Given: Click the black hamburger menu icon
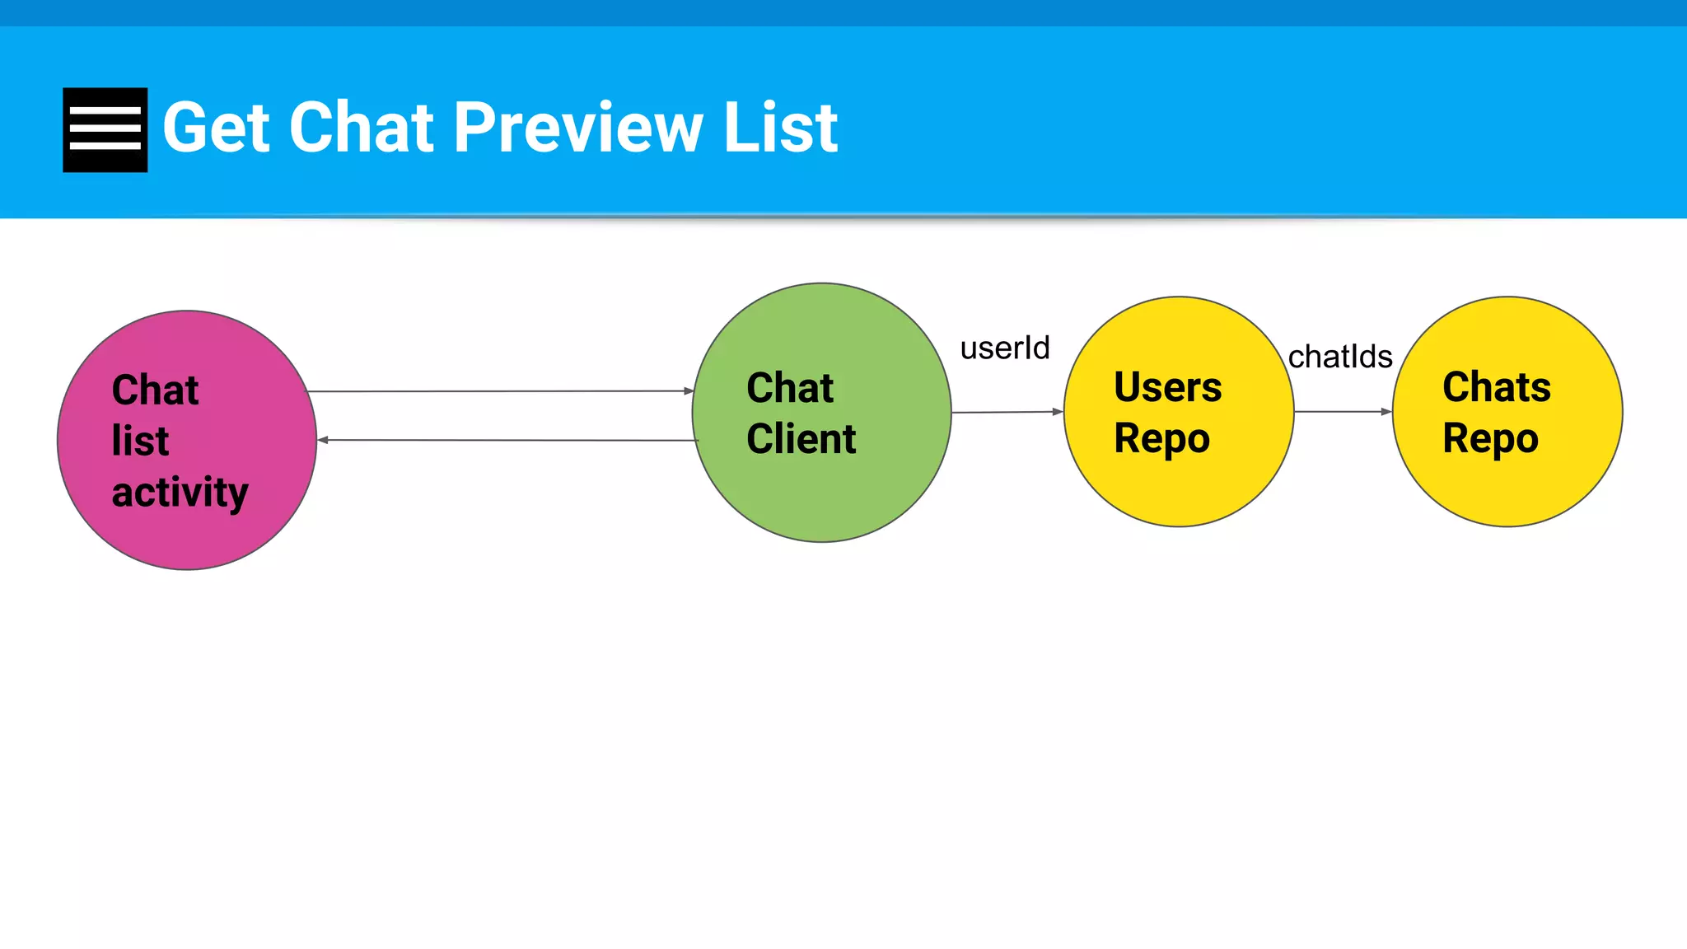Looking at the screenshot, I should click(x=105, y=130).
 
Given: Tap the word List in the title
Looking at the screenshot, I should click(x=780, y=128).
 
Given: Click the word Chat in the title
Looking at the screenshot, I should click(x=362, y=128).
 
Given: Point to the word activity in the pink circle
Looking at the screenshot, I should click(x=180, y=493).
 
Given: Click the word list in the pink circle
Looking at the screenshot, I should click(x=140, y=441).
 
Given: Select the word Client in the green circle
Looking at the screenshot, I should click(x=801, y=438).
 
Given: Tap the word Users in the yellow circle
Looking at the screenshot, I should click(x=1167, y=387).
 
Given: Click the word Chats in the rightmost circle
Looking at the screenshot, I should click(x=1496, y=387).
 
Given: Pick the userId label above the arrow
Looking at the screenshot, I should click(x=1005, y=348).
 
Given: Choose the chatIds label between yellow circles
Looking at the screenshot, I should click(x=1340, y=357).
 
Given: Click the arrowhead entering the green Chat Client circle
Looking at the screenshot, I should click(x=689, y=391).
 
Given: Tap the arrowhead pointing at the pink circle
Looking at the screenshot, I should click(x=324, y=440).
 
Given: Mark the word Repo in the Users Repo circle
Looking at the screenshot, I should click(x=1161, y=438).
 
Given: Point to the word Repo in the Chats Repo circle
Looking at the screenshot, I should click(x=1490, y=438).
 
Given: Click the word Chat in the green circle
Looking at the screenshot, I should click(x=789, y=387).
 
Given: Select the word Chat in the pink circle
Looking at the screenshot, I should click(x=155, y=390).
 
